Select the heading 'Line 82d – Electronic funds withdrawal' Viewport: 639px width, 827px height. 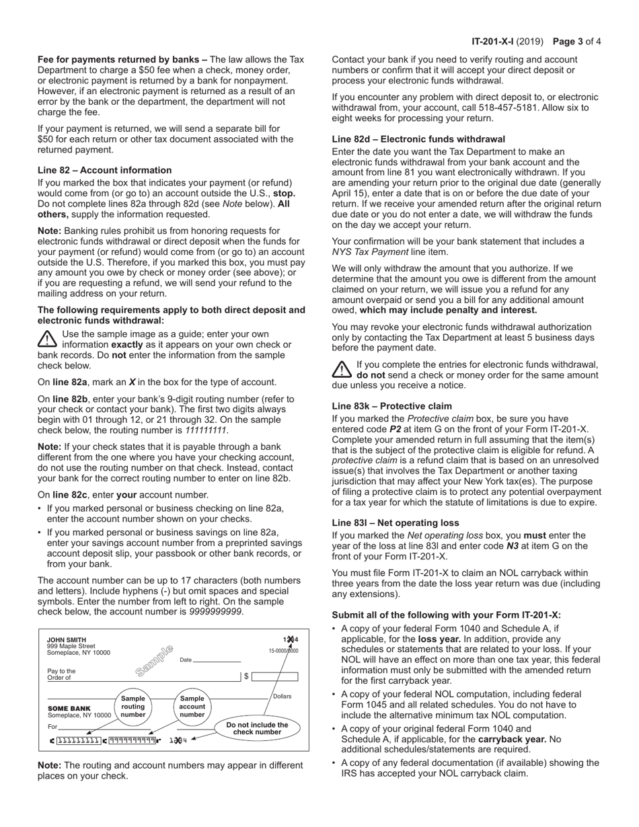[418, 139]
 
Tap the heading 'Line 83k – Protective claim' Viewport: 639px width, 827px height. [392, 406]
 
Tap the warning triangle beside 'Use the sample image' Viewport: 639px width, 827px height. [47, 338]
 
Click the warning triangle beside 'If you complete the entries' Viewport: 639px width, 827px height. [342, 369]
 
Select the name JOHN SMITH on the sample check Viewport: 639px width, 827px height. [67, 640]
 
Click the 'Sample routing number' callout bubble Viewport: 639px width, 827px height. [133, 707]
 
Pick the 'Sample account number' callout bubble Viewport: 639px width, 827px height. [192, 707]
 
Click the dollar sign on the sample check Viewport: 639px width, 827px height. [246, 676]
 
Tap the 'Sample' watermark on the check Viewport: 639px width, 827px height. [154, 660]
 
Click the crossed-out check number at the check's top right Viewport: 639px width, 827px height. [291, 640]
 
